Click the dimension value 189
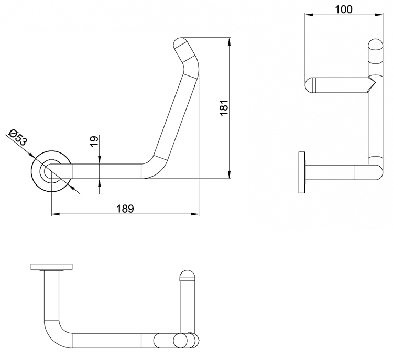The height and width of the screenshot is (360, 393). [125, 208]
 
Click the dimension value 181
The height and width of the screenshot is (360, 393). [224, 108]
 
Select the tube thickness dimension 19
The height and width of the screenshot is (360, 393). [93, 141]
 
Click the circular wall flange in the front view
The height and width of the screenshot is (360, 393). [50, 172]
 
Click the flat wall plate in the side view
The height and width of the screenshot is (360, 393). [301, 172]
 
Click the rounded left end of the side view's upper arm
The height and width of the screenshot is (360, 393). [310, 85]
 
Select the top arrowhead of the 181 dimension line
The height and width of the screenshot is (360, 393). [229, 40]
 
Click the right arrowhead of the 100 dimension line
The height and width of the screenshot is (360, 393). [381, 15]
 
